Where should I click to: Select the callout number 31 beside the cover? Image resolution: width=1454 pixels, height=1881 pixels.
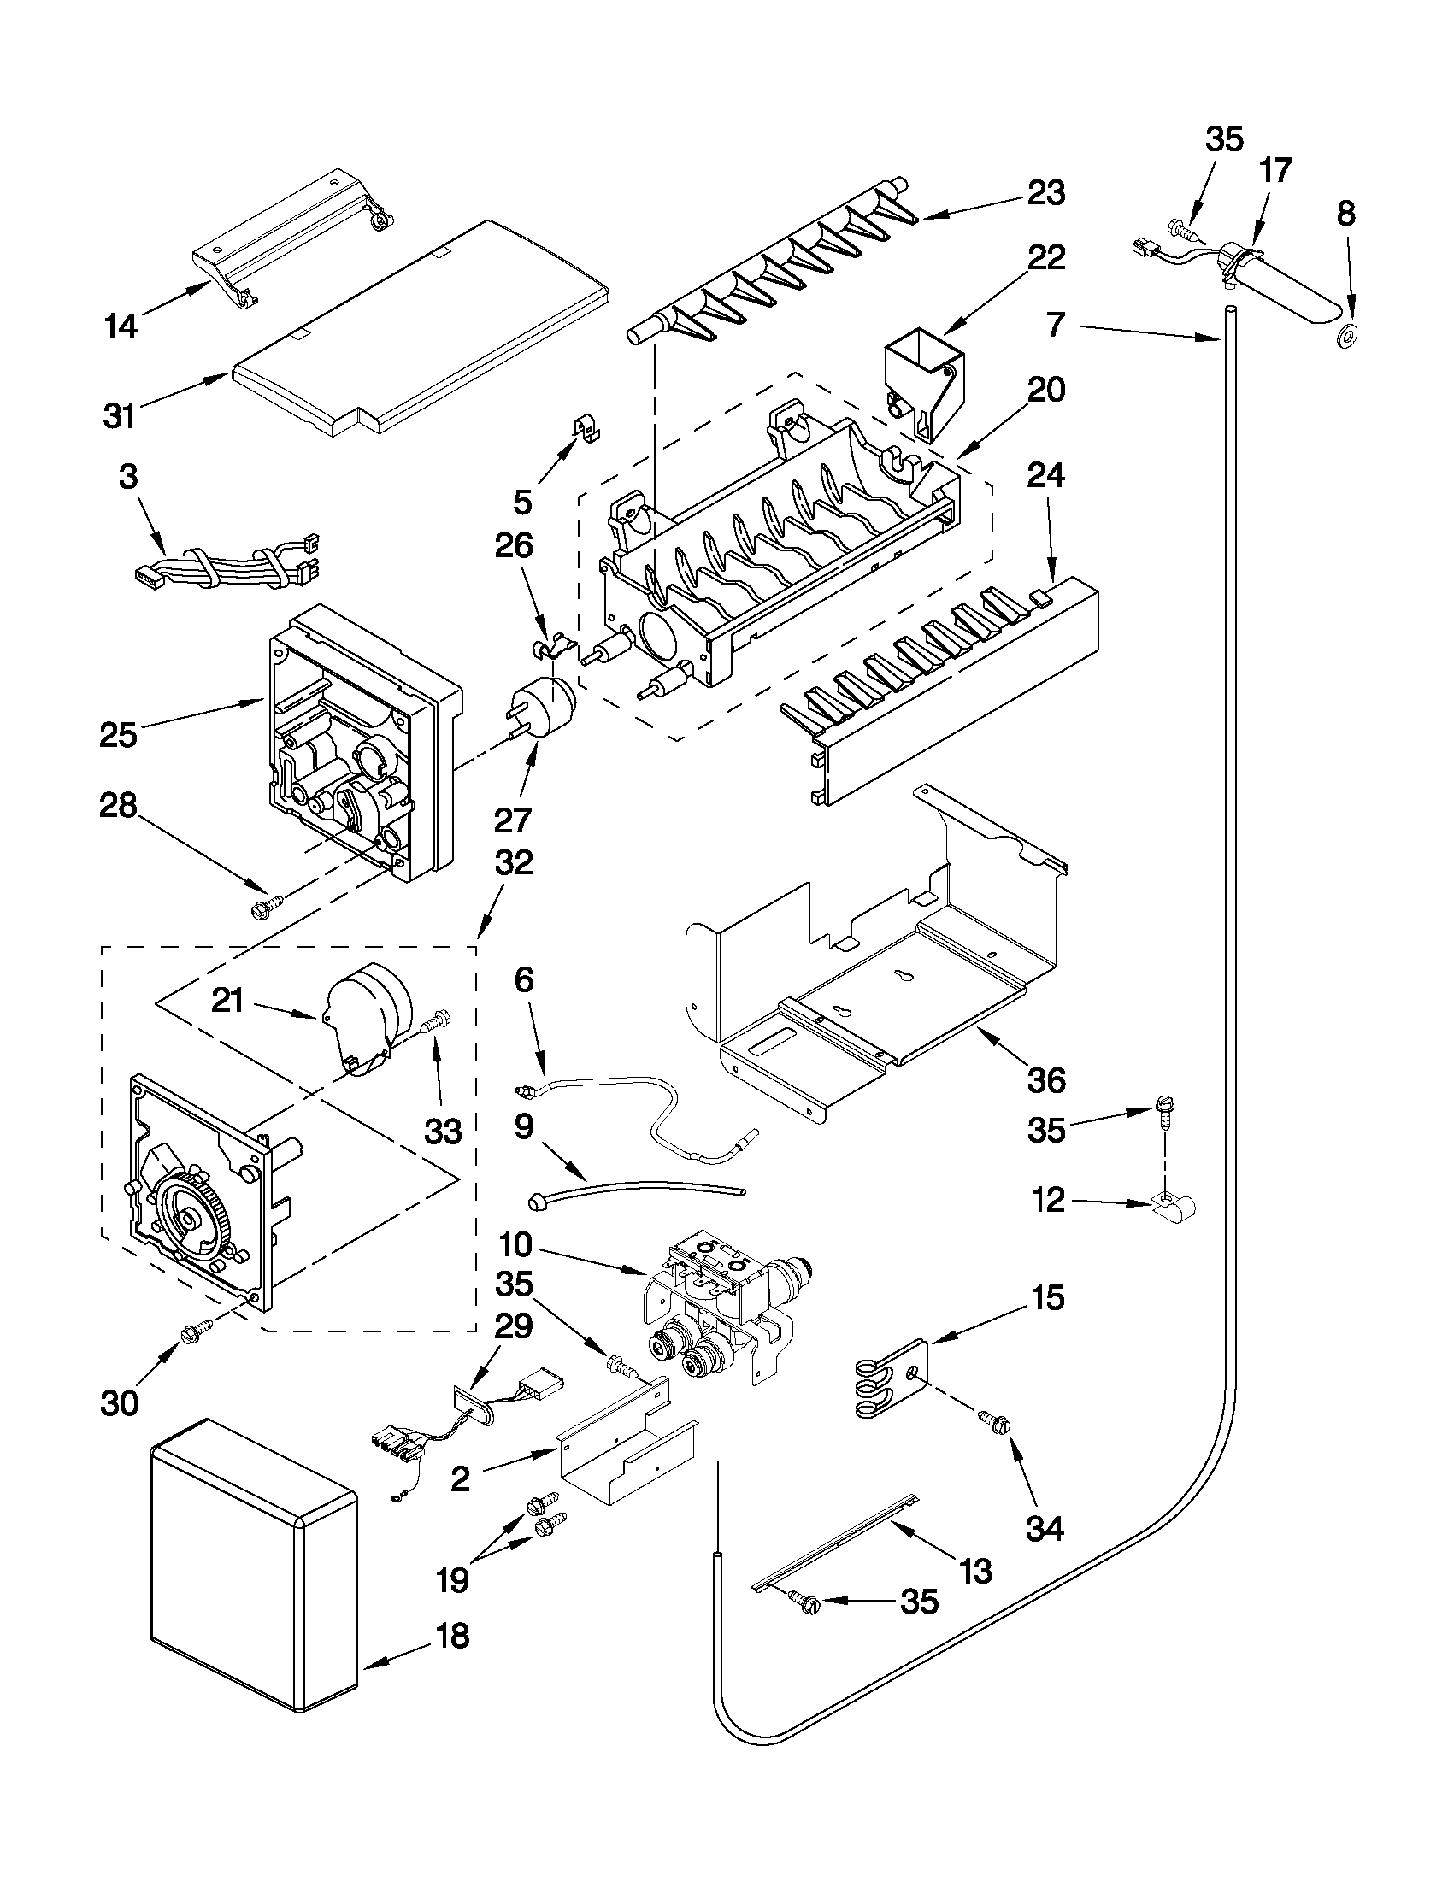click(x=120, y=416)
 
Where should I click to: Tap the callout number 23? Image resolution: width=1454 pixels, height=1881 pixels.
click(x=1045, y=192)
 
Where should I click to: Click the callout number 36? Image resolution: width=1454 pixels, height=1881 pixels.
click(x=1045, y=1079)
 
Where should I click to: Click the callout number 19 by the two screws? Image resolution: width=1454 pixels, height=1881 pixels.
click(x=452, y=1578)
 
